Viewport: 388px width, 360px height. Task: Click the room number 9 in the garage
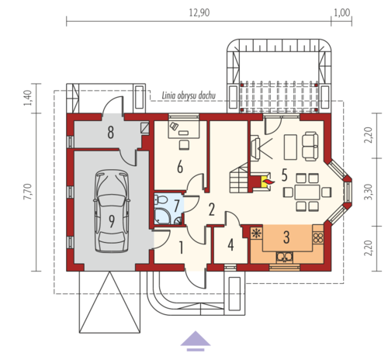(112, 221)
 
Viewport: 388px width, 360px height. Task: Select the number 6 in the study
(180, 166)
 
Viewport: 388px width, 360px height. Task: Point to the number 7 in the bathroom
(177, 206)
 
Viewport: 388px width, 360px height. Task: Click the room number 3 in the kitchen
(286, 237)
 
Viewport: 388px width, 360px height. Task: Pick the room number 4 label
(230, 244)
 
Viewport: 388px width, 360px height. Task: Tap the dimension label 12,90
(199, 12)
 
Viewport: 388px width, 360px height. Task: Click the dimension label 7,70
(28, 192)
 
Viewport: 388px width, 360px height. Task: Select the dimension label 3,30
(369, 192)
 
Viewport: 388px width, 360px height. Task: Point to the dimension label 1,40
(28, 98)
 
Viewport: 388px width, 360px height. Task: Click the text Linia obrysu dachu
(189, 95)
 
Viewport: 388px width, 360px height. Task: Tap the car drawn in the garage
(112, 211)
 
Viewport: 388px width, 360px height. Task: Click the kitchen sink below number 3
(284, 257)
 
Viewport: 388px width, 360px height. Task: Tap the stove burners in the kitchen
(318, 238)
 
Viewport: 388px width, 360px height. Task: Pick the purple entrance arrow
(196, 341)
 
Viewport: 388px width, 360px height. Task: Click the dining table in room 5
(307, 192)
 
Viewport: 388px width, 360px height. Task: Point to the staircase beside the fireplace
(239, 178)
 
